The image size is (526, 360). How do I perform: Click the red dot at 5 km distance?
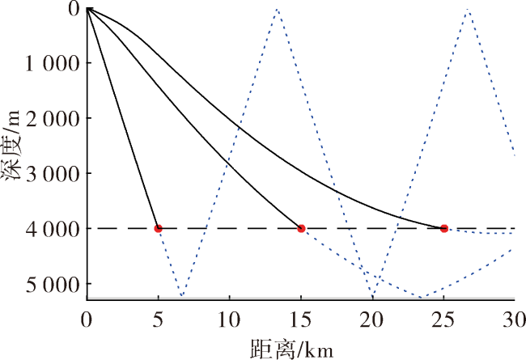click(x=158, y=228)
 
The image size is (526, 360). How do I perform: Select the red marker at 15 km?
click(x=301, y=228)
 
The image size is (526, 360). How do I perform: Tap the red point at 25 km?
click(x=444, y=228)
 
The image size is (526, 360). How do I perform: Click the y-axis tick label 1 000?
click(x=53, y=63)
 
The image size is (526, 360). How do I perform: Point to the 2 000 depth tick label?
click(x=53, y=118)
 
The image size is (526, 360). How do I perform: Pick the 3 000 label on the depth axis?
click(x=53, y=173)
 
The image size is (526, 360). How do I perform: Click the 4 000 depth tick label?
click(x=53, y=229)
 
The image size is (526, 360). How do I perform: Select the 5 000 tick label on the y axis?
click(x=53, y=284)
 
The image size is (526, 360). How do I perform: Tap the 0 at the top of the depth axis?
click(x=74, y=9)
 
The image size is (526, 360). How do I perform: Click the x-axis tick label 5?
click(x=158, y=319)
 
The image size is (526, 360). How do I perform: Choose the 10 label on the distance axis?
click(x=230, y=319)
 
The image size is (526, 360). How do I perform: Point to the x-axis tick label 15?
click(x=301, y=319)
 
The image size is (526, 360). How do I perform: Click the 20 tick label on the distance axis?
click(x=372, y=319)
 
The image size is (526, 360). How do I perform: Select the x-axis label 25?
click(x=443, y=319)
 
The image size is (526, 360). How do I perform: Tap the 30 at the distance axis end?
click(x=514, y=319)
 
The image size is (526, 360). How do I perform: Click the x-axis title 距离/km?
click(x=291, y=349)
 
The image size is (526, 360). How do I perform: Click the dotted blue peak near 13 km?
click(x=277, y=10)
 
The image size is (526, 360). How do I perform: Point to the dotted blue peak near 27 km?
click(x=468, y=10)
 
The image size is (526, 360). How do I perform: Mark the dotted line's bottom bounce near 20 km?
click(x=372, y=297)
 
